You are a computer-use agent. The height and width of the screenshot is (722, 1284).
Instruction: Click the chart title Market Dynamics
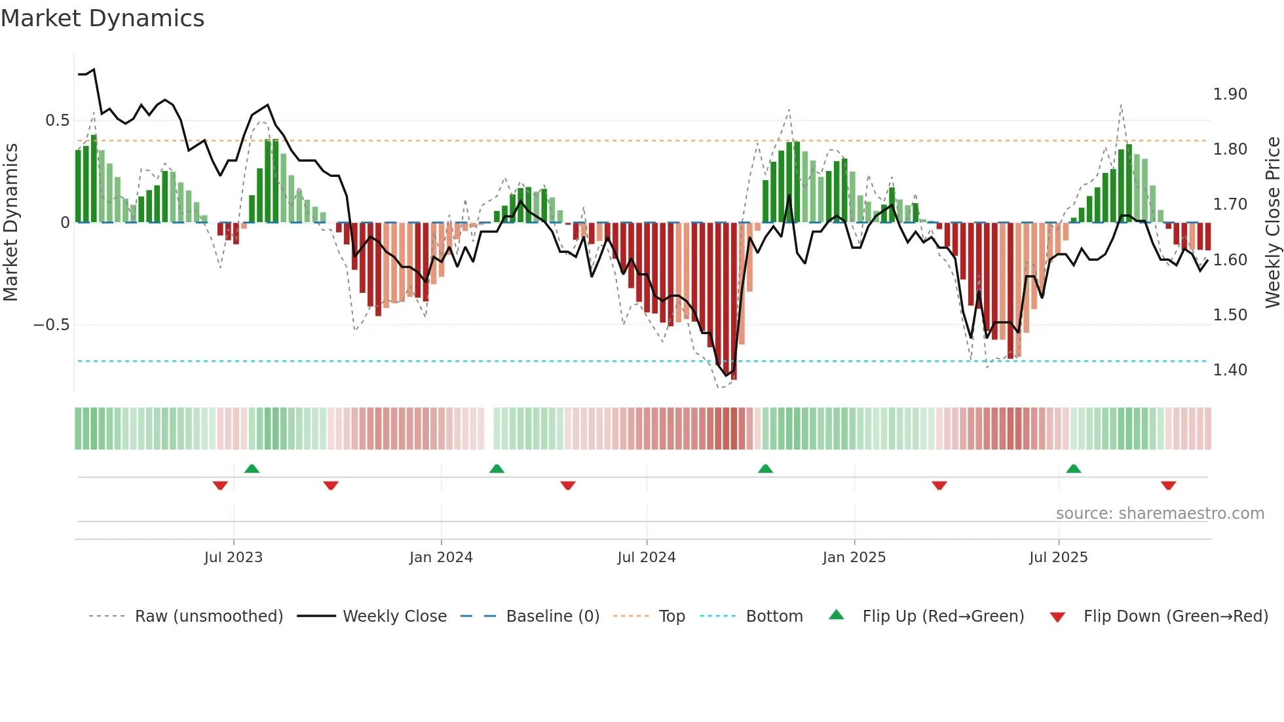pyautogui.click(x=102, y=18)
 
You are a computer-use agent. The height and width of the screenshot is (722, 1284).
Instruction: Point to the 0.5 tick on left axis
pyautogui.click(x=57, y=121)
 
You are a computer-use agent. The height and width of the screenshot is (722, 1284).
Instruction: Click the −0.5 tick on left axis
pyautogui.click(x=52, y=325)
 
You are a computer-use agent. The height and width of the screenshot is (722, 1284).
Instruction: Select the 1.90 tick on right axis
pyautogui.click(x=1230, y=94)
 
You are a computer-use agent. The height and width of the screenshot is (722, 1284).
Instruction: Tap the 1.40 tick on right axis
pyautogui.click(x=1230, y=370)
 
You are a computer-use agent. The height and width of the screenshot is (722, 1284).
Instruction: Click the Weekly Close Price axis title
pyautogui.click(x=1272, y=223)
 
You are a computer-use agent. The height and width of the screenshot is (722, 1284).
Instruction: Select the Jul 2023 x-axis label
pyautogui.click(x=233, y=558)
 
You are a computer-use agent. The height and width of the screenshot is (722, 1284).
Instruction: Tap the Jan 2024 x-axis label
pyautogui.click(x=441, y=558)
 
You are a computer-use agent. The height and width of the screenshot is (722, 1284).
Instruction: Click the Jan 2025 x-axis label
pyautogui.click(x=854, y=558)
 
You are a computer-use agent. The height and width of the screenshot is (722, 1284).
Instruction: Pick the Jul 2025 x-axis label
pyautogui.click(x=1058, y=558)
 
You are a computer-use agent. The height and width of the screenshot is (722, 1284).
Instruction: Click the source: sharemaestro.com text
pyautogui.click(x=1160, y=514)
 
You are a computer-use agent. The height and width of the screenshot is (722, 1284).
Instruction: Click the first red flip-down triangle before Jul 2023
pyautogui.click(x=220, y=485)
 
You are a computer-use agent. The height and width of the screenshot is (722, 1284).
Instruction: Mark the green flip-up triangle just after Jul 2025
pyautogui.click(x=1073, y=468)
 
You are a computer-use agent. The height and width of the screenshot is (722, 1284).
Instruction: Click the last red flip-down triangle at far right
pyautogui.click(x=1168, y=485)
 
